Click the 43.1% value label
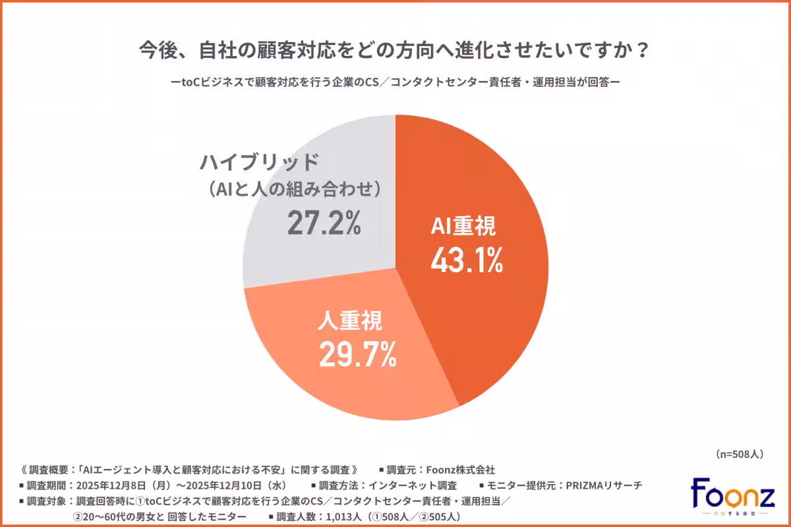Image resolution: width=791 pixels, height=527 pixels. (x=467, y=262)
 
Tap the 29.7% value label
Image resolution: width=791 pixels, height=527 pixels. (x=357, y=354)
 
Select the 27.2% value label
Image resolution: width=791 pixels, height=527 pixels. (x=324, y=224)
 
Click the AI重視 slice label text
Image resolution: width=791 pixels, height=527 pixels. (x=463, y=227)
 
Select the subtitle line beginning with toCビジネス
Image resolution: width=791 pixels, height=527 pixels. (x=395, y=83)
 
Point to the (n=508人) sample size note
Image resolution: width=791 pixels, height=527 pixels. (x=739, y=454)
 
